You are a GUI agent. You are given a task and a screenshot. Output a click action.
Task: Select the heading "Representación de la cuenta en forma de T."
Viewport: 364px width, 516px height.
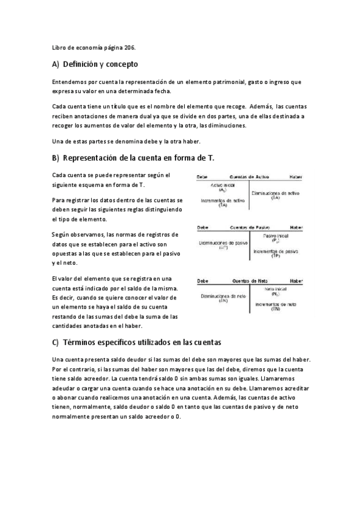click(x=139, y=158)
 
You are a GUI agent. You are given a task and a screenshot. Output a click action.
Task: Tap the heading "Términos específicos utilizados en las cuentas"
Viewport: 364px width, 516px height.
click(x=142, y=342)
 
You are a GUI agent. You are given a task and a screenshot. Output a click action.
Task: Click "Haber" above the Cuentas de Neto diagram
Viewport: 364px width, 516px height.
click(x=296, y=281)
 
